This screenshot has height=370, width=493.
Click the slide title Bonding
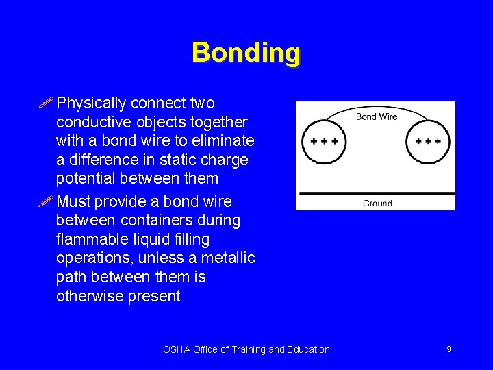(x=246, y=53)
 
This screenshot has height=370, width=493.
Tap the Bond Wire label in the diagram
(x=377, y=116)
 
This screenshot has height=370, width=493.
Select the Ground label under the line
(x=377, y=203)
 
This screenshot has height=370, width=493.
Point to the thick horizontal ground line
(x=375, y=193)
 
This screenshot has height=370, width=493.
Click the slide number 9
(x=448, y=349)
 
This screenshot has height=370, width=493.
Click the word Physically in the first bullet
(x=91, y=103)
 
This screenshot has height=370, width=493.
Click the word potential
(x=86, y=179)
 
